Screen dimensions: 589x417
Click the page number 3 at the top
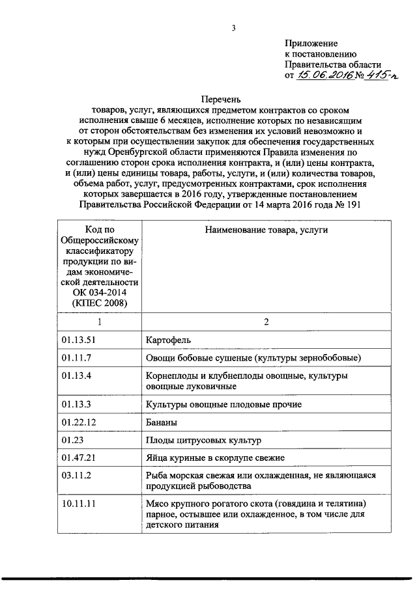click(x=233, y=27)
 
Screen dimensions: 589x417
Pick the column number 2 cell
click(x=266, y=322)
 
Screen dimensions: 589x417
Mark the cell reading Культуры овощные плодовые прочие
click(x=223, y=405)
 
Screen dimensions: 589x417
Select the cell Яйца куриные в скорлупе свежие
click(x=215, y=458)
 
